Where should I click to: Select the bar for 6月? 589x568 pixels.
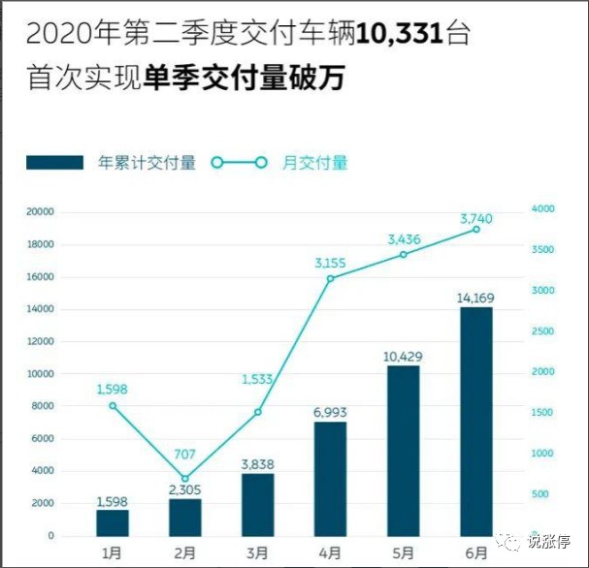pos(476,422)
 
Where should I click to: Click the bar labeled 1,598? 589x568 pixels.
pos(113,522)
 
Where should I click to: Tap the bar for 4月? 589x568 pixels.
pos(331,479)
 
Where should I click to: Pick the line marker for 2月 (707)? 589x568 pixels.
pos(185,479)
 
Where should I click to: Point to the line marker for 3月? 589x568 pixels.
pos(258,412)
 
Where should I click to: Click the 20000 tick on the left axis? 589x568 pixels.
pos(40,212)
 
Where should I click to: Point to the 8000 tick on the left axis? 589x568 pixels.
pos(43,406)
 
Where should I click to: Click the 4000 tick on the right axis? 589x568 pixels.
pos(542,209)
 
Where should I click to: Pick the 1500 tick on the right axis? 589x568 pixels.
pos(542,413)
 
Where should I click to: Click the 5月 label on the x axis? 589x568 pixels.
pos(404,553)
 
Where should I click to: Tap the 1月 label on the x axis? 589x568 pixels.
pos(113,553)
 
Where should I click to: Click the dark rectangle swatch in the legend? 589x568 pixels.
pos(54,163)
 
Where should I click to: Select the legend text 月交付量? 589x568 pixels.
pos(315,163)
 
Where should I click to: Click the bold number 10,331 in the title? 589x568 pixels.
pos(398,35)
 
